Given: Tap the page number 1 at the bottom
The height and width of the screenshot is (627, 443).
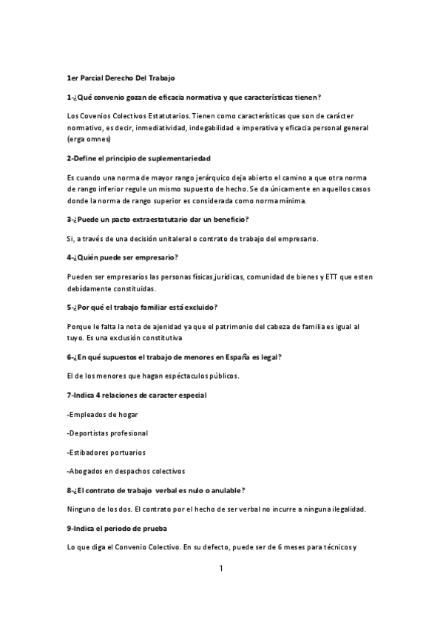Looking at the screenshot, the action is (x=221, y=569).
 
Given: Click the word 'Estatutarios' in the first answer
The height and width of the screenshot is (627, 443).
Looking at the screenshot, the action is (x=169, y=117).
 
